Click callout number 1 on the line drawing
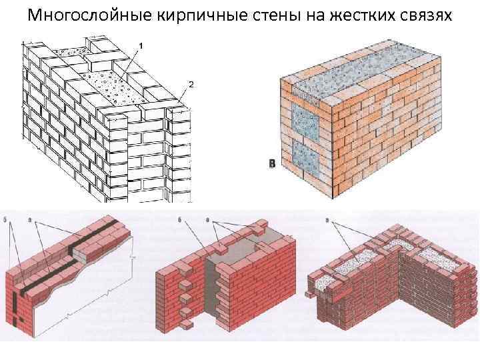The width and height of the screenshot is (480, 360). [141, 44]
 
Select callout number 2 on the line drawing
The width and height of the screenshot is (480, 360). [191, 84]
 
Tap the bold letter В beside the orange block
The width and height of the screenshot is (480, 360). [271, 164]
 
